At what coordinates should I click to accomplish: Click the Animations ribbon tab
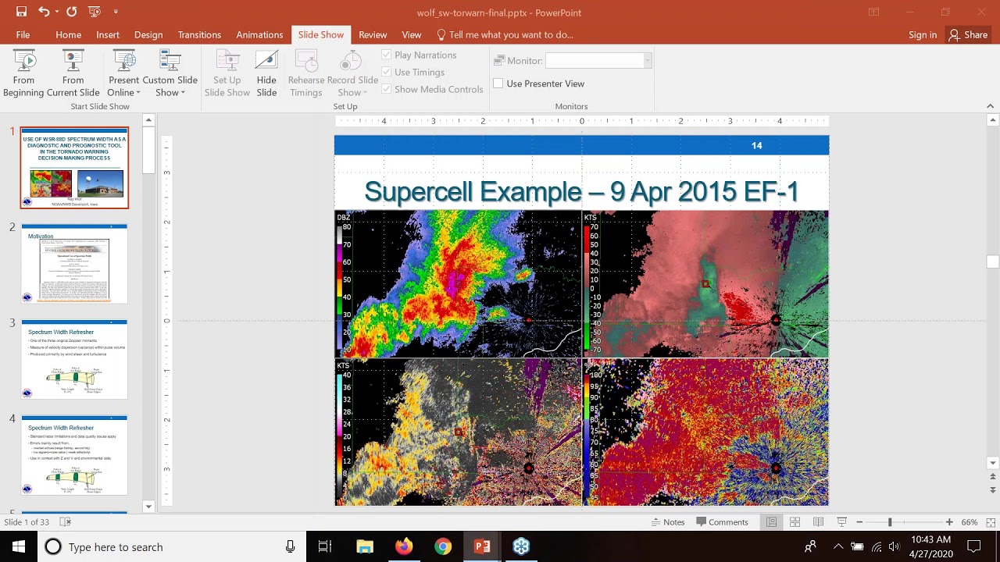coord(259,34)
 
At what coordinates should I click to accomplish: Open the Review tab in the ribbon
coord(373,34)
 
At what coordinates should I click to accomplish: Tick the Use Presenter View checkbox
coord(498,84)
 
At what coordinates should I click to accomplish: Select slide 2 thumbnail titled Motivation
coord(74,264)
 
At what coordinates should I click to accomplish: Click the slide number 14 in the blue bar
coord(756,145)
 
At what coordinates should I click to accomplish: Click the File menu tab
coord(23,34)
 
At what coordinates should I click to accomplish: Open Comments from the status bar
coord(722,522)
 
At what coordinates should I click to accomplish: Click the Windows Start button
coord(19,546)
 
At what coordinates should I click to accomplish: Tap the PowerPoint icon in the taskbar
coord(482,546)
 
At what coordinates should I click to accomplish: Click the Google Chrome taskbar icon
coord(443,546)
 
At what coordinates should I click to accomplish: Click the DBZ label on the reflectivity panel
coord(343,217)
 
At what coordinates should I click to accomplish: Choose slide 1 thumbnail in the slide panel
coord(74,168)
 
